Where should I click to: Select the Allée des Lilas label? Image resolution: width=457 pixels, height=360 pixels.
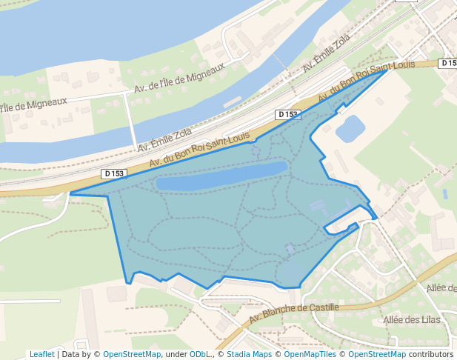pos(412,320)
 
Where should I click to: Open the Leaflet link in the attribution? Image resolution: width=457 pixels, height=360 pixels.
pos(42,354)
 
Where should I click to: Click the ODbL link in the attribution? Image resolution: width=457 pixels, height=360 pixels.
pos(199,354)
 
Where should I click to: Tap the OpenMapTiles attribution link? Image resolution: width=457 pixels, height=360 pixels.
pos(310,354)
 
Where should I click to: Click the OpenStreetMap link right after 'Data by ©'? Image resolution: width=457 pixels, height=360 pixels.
pos(132,354)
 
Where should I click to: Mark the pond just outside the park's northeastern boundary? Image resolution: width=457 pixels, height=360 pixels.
pos(350,129)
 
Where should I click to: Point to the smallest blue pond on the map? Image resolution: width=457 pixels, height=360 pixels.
pos(444,194)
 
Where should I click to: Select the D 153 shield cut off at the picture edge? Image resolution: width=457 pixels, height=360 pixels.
pos(448,63)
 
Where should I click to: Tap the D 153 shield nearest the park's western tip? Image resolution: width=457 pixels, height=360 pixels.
pos(115,174)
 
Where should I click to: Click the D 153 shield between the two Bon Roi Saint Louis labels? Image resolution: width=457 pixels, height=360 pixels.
pos(287,115)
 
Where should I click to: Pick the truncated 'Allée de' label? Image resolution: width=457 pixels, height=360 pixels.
pos(441,287)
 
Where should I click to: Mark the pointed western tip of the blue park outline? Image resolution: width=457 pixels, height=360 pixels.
pos(71,194)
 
